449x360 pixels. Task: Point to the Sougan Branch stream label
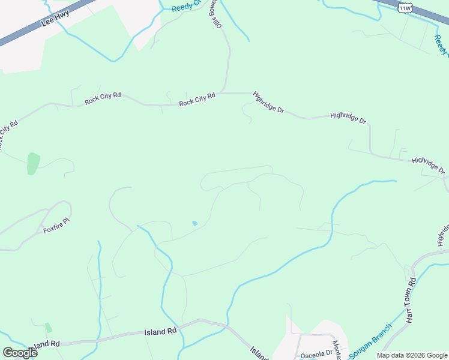click(x=370, y=340)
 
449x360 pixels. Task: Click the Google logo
click(x=20, y=352)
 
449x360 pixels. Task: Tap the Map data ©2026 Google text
click(x=412, y=355)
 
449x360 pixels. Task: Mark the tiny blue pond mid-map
click(x=194, y=224)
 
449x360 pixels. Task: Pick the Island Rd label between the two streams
click(x=161, y=331)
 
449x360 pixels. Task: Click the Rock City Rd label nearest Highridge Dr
click(x=197, y=100)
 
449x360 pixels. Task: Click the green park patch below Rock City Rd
click(x=33, y=163)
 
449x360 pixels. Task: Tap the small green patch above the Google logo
click(x=48, y=328)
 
